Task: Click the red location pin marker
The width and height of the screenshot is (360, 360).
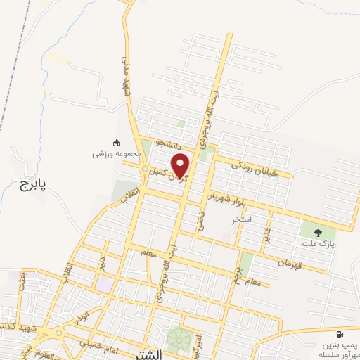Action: point(181,165)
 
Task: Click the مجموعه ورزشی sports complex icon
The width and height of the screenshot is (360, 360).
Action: point(116,141)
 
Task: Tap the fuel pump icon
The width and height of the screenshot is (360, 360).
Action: point(340,334)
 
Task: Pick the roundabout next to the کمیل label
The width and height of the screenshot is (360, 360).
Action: point(145,169)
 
